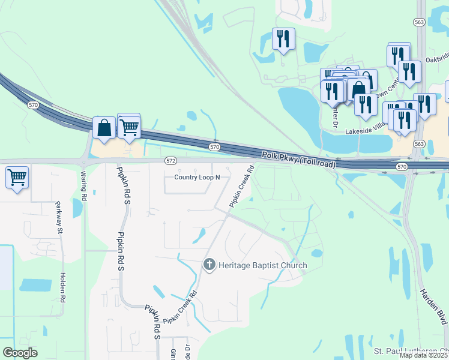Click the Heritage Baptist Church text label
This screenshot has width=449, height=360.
pyautogui.click(x=262, y=265)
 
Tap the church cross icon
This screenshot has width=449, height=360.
pyautogui.click(x=209, y=264)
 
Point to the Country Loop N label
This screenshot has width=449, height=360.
pyautogui.click(x=197, y=177)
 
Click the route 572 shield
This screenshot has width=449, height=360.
pyautogui.click(x=171, y=161)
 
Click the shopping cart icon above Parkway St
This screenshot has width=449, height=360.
pyautogui.click(x=17, y=177)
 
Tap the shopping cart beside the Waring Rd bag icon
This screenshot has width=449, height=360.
pyautogui.click(x=129, y=126)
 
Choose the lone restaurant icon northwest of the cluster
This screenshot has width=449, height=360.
pyautogui.click(x=283, y=39)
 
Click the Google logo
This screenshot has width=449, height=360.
pyautogui.click(x=20, y=353)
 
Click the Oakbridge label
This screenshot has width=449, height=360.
pyautogui.click(x=437, y=59)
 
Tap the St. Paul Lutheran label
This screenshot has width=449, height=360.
pyautogui.click(x=411, y=350)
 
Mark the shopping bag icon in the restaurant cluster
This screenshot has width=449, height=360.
pyautogui.click(x=358, y=89)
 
